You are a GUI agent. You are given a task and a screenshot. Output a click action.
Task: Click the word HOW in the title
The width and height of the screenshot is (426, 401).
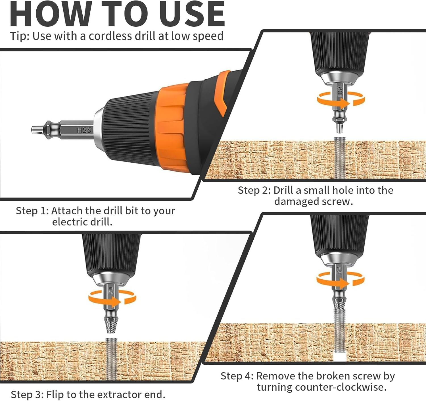[x=51, y=14]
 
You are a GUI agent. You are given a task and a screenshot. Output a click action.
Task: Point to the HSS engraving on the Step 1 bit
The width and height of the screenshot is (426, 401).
[x=84, y=130]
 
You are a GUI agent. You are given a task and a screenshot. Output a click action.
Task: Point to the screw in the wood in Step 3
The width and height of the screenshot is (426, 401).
[x=111, y=360]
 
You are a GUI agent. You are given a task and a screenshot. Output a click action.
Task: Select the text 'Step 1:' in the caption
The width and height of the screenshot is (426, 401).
[x=32, y=211]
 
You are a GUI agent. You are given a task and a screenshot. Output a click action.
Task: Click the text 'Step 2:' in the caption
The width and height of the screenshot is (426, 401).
[x=254, y=190]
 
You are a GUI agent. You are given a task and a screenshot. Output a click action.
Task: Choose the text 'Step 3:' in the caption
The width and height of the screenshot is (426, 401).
[x=27, y=394]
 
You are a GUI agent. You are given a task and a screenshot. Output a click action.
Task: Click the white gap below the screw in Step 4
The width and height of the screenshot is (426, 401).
[x=340, y=358]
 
